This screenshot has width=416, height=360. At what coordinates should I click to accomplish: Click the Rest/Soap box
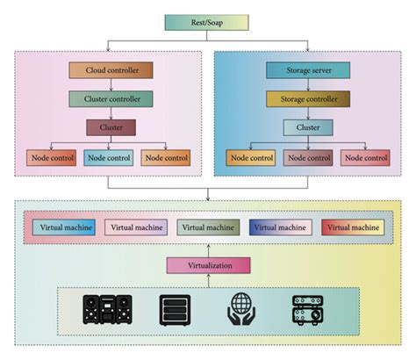tap(208, 23)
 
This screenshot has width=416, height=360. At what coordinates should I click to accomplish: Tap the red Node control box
tap(365, 159)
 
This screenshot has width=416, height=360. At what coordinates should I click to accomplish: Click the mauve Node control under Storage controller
tap(308, 159)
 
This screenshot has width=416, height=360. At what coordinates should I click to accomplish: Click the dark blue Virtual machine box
tap(280, 227)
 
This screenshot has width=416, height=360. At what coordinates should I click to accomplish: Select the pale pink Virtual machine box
tap(135, 227)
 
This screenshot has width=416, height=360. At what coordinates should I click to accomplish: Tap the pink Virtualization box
tap(208, 264)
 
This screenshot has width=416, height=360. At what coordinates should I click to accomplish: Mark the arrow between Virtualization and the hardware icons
tap(208, 280)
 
